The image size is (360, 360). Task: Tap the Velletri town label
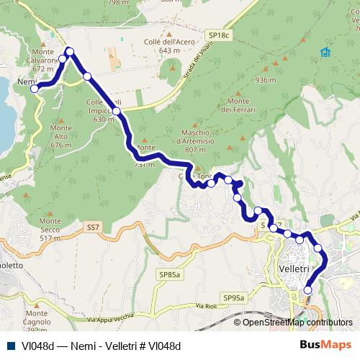click(x=293, y=269)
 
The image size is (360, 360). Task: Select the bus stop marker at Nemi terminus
click(x=34, y=89)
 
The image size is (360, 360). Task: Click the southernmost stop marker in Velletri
click(x=308, y=290)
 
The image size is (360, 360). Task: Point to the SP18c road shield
click(x=218, y=35)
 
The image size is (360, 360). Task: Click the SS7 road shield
click(x=93, y=227)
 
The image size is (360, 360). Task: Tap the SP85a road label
click(x=171, y=274)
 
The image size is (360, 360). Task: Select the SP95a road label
click(x=234, y=297)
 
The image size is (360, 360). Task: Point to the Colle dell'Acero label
click(x=169, y=46)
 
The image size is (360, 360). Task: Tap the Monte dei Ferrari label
click(x=235, y=105)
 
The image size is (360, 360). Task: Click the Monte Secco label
click(x=50, y=229)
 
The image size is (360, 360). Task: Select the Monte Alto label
click(x=61, y=136)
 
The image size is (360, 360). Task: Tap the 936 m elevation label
click(x=266, y=80)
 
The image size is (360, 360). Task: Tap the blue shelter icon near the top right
click(x=325, y=52)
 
